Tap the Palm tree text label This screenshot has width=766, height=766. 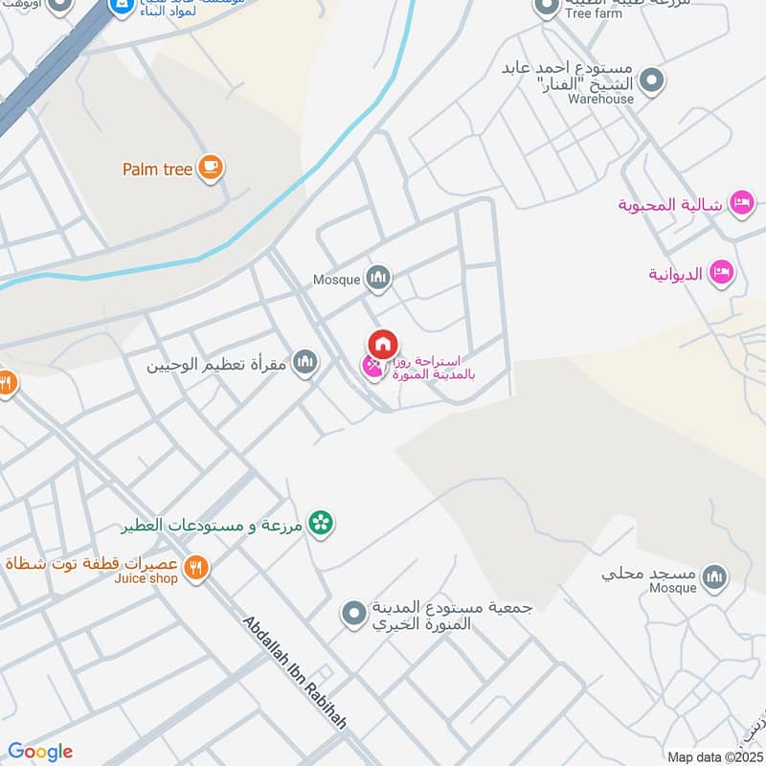pyautogui.click(x=158, y=169)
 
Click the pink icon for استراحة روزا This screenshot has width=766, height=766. pyautogui.click(x=371, y=366)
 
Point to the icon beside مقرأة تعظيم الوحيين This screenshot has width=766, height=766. pyautogui.click(x=304, y=363)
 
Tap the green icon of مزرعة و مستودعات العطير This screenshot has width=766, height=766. pyautogui.click(x=322, y=523)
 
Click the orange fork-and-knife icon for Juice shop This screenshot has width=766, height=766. pyautogui.click(x=196, y=568)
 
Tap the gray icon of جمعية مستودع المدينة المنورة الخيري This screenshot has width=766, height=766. pyautogui.click(x=354, y=611)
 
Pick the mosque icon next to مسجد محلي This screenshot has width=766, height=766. pyautogui.click(x=714, y=576)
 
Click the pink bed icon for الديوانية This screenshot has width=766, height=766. pyautogui.click(x=722, y=273)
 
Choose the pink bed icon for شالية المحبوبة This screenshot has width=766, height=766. pyautogui.click(x=741, y=203)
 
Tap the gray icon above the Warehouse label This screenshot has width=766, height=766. pyautogui.click(x=652, y=81)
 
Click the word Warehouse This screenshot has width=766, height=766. pyautogui.click(x=600, y=99)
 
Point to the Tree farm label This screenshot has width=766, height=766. pyautogui.click(x=594, y=14)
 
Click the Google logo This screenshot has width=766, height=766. pyautogui.click(x=40, y=752)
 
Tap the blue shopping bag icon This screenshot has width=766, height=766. pyautogui.click(x=122, y=9)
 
